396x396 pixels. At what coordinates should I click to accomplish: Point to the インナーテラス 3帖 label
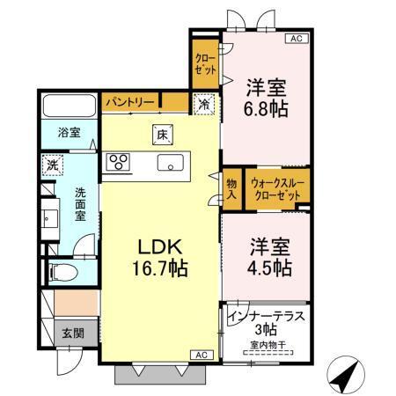click(263, 320)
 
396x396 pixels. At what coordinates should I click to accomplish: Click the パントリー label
click(130, 103)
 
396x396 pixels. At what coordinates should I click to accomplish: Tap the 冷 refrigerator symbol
click(203, 102)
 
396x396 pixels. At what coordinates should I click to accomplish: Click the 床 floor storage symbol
click(162, 136)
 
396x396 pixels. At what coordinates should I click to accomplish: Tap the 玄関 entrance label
click(72, 334)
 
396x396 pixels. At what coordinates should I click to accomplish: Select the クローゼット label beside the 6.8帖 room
click(205, 64)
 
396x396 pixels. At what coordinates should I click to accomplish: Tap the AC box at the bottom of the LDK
click(200, 354)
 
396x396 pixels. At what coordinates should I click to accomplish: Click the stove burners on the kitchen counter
click(118, 162)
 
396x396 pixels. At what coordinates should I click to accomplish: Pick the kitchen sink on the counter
click(171, 163)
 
